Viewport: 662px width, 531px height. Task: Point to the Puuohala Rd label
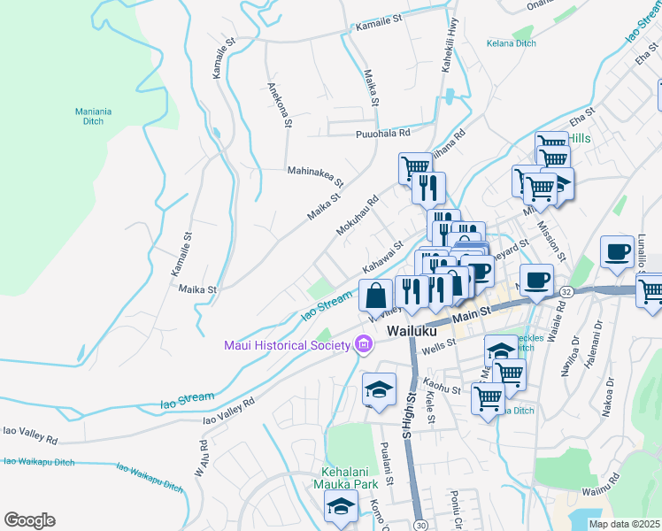point(382,134)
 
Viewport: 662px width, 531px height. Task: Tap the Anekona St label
point(279,104)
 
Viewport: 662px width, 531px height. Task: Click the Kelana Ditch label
point(512,42)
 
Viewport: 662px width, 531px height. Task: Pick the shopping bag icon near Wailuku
point(376,295)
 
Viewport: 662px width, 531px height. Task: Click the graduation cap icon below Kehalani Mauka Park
point(339,507)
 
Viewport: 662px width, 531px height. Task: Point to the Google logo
point(29,520)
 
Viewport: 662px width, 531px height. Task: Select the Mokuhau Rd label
point(357,215)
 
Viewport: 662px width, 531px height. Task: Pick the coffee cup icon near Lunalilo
point(618,251)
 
